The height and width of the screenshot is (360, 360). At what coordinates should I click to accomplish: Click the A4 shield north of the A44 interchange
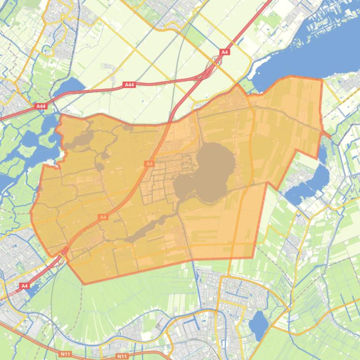[225, 52]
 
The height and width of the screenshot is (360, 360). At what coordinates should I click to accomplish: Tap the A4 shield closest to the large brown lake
[149, 164]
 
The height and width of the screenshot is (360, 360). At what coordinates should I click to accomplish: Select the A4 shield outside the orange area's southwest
[24, 286]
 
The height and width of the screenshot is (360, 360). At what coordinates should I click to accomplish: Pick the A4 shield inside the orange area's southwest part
[103, 217]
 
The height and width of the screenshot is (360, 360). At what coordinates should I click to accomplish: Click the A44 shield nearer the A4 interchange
[129, 85]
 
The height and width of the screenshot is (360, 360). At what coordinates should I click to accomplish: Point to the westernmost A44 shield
[41, 107]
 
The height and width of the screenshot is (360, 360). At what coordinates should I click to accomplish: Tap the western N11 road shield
[65, 354]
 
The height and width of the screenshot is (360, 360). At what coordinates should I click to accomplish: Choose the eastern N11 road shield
[122, 356]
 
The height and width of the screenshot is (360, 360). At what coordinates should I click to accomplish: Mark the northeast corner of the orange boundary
[322, 79]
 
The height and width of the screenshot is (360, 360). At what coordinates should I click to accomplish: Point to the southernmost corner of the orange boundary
[84, 284]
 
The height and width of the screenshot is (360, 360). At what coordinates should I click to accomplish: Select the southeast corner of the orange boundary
[253, 258]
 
